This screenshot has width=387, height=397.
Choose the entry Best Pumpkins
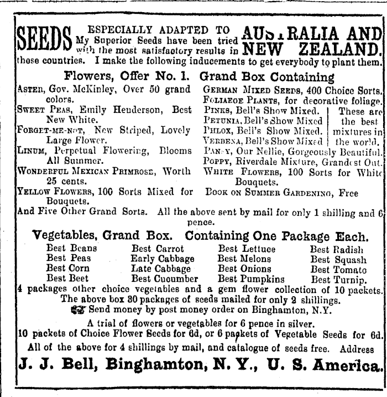[x=250, y=279]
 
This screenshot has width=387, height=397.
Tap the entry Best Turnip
[x=338, y=279]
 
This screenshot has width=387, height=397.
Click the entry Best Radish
[x=337, y=249]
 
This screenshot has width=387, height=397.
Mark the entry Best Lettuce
[x=246, y=249]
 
